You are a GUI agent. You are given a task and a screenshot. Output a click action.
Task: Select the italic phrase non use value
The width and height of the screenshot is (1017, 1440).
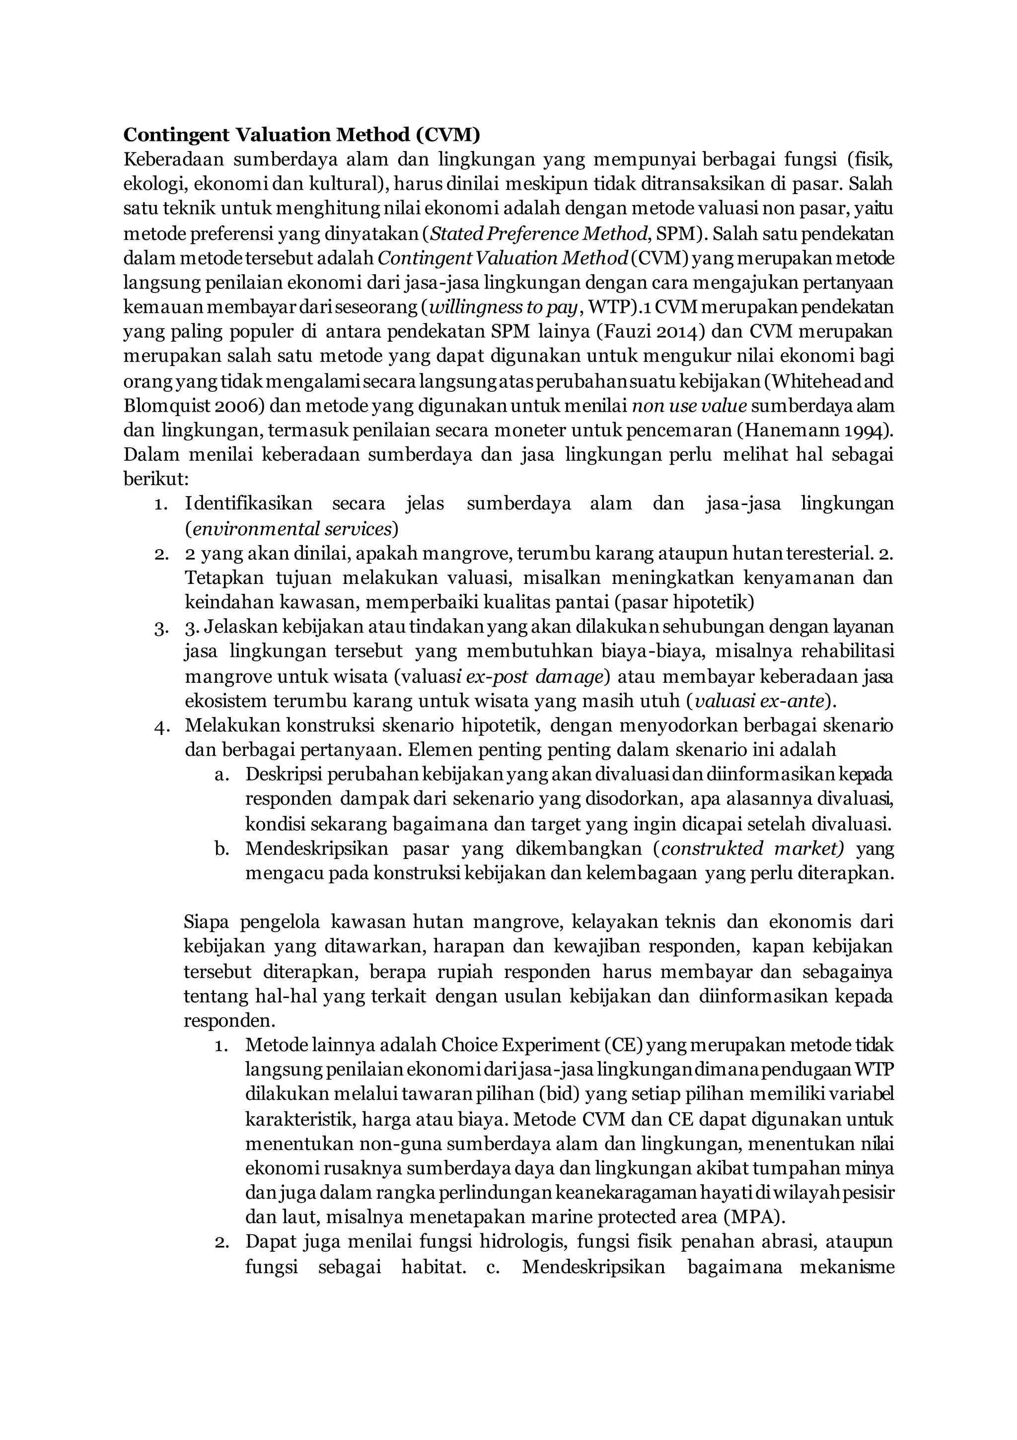click(x=689, y=406)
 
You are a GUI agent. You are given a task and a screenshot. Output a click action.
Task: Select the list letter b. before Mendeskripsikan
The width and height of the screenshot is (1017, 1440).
click(x=221, y=849)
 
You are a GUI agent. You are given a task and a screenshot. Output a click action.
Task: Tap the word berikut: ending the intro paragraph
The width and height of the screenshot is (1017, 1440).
click(x=155, y=480)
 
